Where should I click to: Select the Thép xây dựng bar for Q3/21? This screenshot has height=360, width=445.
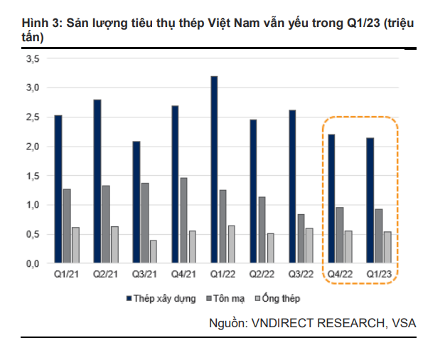click(x=136, y=202)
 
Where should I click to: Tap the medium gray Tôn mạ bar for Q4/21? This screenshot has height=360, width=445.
click(x=184, y=221)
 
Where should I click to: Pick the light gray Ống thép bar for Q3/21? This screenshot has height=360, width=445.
click(x=154, y=251)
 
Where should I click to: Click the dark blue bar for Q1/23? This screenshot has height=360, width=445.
click(x=370, y=200)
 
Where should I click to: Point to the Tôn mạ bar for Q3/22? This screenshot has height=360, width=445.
click(x=300, y=238)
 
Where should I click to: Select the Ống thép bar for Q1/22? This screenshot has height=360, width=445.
click(x=231, y=244)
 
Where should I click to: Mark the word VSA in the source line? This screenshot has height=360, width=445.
click(x=403, y=323)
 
